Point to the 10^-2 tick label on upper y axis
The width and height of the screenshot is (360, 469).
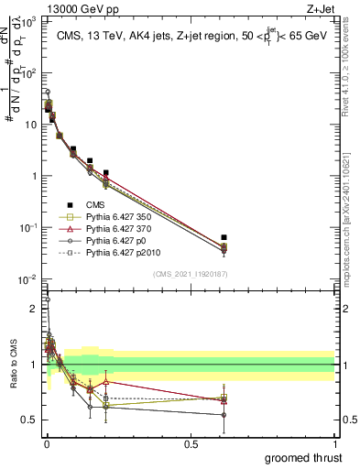pos(28,279)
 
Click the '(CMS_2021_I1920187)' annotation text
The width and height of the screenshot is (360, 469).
pos(189,273)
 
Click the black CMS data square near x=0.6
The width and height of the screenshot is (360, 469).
pos(224,238)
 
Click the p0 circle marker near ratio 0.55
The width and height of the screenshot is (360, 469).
pos(224,414)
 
